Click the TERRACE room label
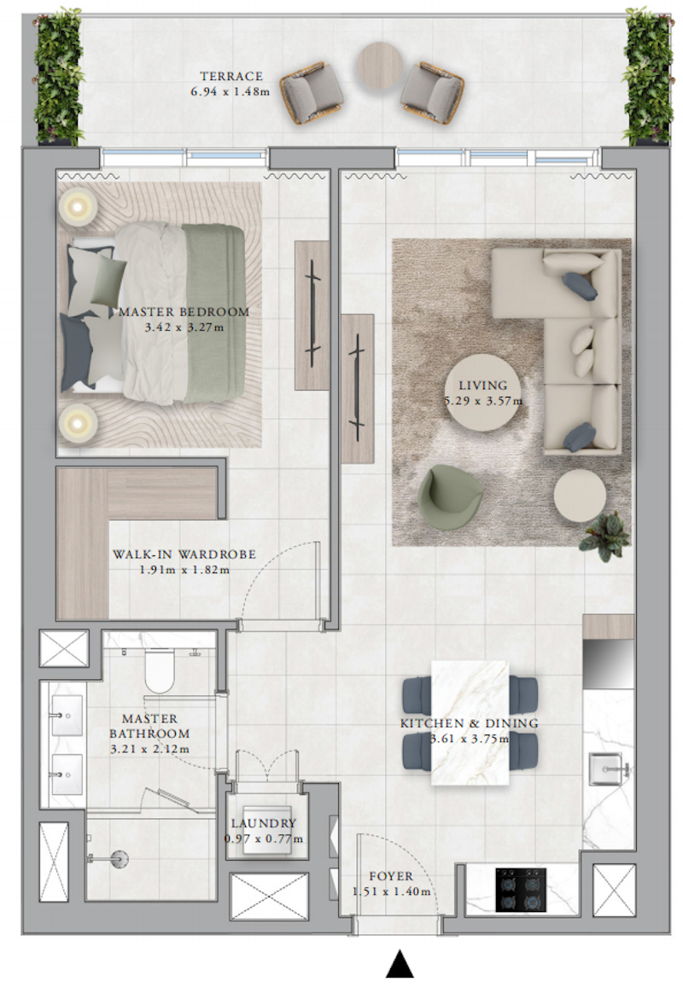[231, 76]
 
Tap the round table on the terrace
[380, 65]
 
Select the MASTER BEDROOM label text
[184, 311]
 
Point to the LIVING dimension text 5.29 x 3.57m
[483, 401]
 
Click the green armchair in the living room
[449, 497]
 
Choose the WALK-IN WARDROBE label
[184, 555]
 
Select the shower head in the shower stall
[119, 859]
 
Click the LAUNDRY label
[264, 823]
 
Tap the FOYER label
[391, 876]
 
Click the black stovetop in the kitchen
[520, 890]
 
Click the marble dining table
[470, 723]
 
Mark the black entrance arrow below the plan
[400, 965]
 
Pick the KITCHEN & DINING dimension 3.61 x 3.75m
[470, 739]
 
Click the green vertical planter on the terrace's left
[59, 76]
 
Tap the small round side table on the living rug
[579, 496]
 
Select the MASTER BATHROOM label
[149, 726]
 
